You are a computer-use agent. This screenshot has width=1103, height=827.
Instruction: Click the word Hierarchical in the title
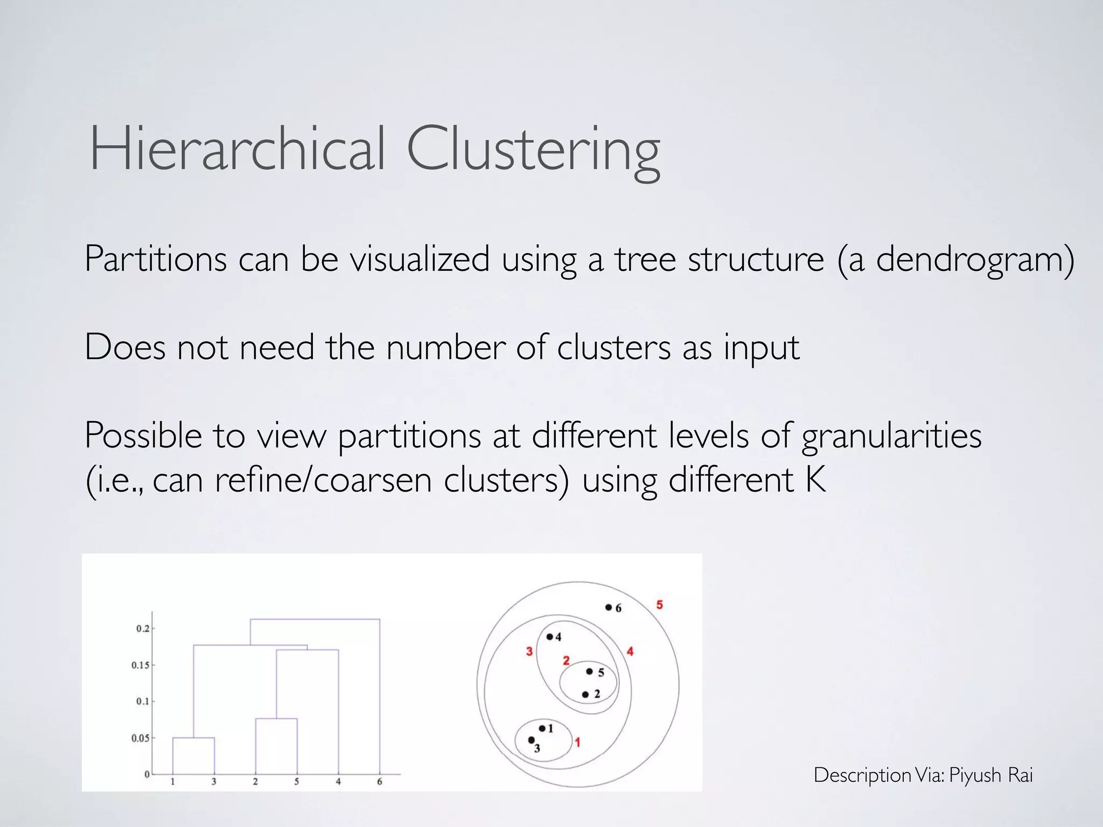click(237, 148)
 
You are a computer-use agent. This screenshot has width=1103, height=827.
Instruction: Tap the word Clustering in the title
click(533, 151)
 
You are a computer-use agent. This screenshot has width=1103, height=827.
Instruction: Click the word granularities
click(891, 436)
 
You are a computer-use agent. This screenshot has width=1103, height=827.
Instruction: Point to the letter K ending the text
click(816, 479)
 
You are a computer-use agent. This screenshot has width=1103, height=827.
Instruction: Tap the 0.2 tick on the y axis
click(143, 629)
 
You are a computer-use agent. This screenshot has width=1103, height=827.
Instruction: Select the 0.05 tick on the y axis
click(140, 738)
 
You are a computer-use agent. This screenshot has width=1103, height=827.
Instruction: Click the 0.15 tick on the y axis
click(140, 665)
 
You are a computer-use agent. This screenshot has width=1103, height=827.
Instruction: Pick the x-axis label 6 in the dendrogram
click(380, 782)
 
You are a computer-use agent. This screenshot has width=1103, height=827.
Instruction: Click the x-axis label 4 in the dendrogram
click(338, 782)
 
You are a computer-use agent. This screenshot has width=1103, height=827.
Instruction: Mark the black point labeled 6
click(609, 607)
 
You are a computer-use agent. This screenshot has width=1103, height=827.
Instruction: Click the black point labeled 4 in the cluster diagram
click(549, 637)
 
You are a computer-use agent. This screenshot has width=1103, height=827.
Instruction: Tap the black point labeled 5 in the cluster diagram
click(589, 671)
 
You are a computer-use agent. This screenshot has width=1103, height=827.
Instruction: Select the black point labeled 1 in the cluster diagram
click(542, 728)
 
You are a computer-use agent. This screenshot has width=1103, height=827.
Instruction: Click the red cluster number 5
click(659, 605)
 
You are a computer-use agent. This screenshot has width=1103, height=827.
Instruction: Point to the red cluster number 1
click(577, 742)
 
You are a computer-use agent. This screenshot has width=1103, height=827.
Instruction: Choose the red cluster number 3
click(529, 651)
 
